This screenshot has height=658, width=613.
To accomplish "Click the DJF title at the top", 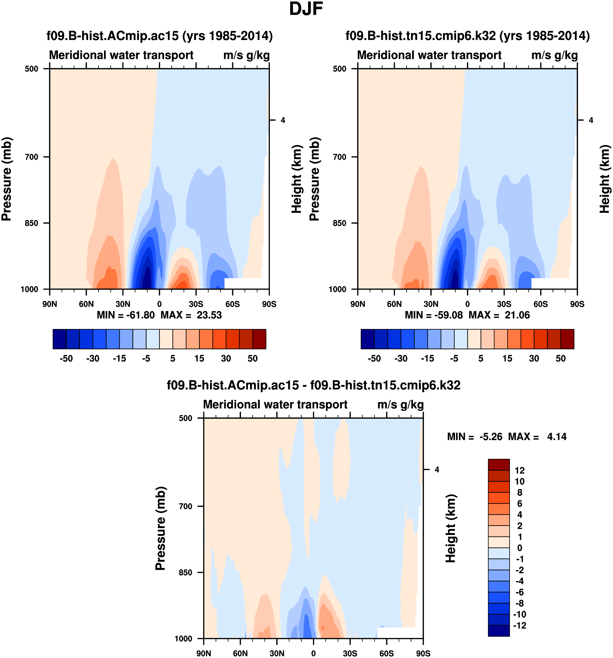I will click(306, 9).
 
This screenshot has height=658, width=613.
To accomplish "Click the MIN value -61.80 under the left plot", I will click(140, 315).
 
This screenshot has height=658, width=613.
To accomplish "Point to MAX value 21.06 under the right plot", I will click(517, 315).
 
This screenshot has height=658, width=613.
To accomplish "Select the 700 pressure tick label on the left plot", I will click(32, 157).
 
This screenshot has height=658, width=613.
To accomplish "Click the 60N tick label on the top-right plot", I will click(394, 304).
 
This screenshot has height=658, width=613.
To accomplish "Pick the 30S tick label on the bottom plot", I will click(350, 653).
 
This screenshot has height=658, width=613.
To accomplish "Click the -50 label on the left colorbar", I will click(66, 359).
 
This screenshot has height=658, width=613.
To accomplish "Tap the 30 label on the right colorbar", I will click(534, 359).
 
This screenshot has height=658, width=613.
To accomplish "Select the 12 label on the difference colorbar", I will click(520, 470).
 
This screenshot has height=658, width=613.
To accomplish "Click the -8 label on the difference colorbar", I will click(519, 603).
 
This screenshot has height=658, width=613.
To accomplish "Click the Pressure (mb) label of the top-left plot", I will click(7, 179).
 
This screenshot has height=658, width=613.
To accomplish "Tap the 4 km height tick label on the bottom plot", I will click(437, 469).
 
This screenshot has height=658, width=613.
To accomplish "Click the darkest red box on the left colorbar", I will click(259, 339).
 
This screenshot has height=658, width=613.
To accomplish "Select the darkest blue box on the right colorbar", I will click(368, 339).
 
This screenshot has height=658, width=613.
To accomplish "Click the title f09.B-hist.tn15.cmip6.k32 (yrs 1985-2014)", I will click(468, 36).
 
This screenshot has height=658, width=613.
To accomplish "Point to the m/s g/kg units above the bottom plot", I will click(400, 405).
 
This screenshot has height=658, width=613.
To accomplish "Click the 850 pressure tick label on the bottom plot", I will click(185, 572).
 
